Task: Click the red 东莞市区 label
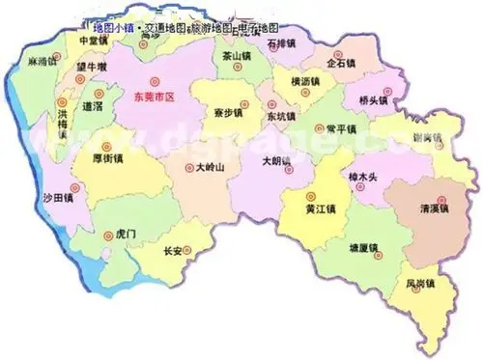click(x=167, y=97)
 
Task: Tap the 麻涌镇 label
click(x=45, y=60)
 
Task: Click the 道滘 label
click(x=94, y=105)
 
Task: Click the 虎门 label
click(x=127, y=234)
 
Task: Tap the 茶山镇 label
click(x=235, y=57)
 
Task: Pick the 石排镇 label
click(x=282, y=43)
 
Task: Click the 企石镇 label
click(x=342, y=63)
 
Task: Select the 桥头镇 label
click(x=373, y=99)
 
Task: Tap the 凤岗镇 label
click(x=421, y=283)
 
